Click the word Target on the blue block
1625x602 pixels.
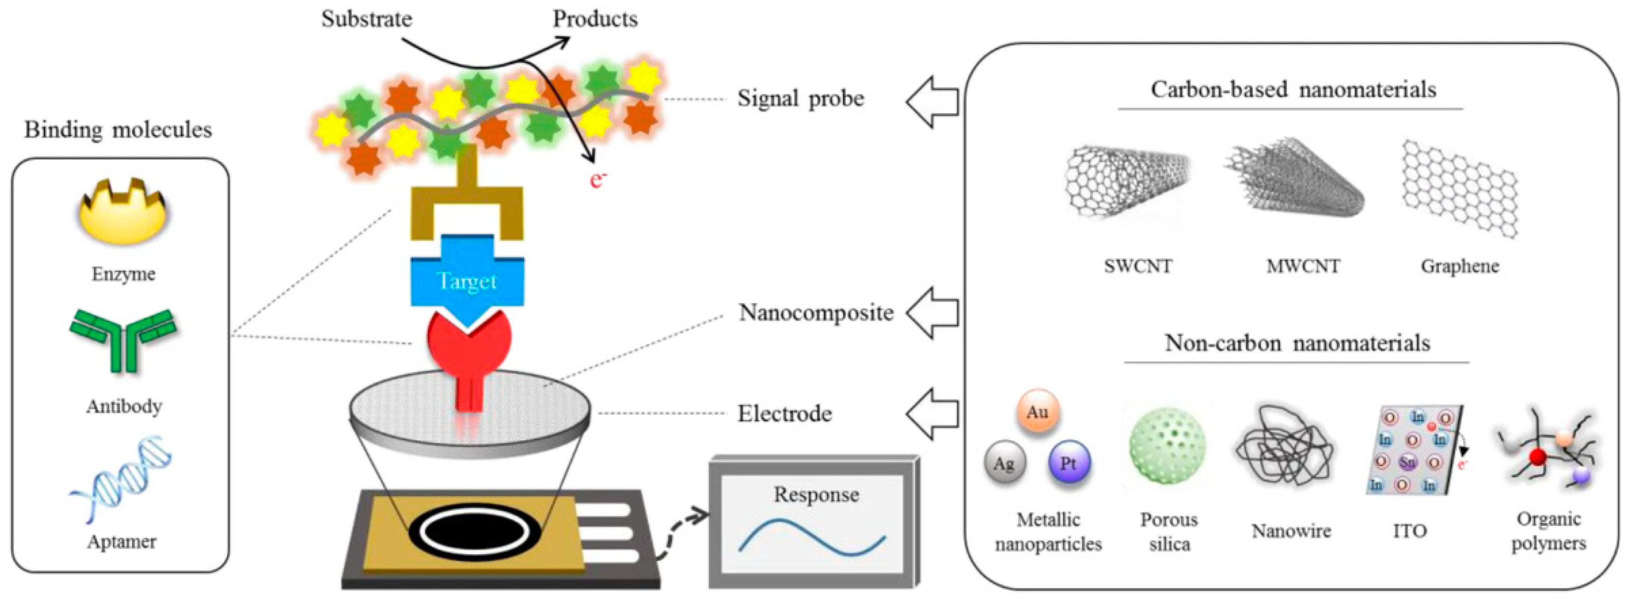pyautogui.click(x=467, y=282)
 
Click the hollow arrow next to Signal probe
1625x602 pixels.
pyautogui.click(x=932, y=101)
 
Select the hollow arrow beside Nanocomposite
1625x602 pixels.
pyautogui.click(x=932, y=312)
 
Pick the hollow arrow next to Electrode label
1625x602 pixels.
pyautogui.click(x=932, y=413)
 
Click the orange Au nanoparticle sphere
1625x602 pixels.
pyautogui.click(x=1038, y=412)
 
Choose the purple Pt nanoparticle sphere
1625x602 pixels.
pyautogui.click(x=1069, y=463)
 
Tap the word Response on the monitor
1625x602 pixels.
pyautogui.click(x=816, y=495)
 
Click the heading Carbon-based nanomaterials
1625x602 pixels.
pyautogui.click(x=1293, y=90)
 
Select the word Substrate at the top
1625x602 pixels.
pyautogui.click(x=367, y=19)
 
